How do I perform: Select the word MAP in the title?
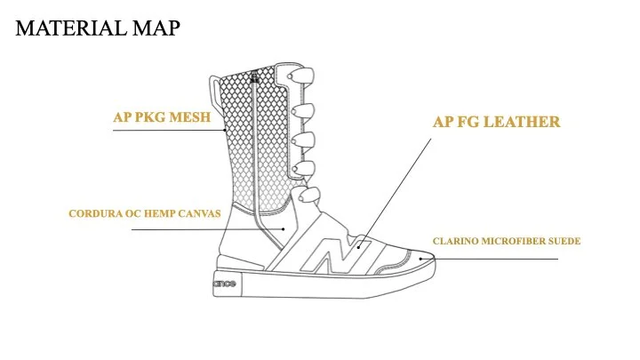pyautogui.click(x=156, y=28)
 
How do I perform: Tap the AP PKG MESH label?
pyautogui.click(x=162, y=117)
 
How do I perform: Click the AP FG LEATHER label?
pyautogui.click(x=496, y=122)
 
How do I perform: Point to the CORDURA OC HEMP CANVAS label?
pyautogui.click(x=145, y=213)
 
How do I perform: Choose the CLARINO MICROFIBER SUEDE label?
pyautogui.click(x=507, y=241)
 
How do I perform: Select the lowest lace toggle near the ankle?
pyautogui.click(x=308, y=195)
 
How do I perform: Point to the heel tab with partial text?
pyautogui.click(x=227, y=284)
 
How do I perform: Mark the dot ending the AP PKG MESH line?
pyautogui.click(x=225, y=130)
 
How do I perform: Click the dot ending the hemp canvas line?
pyautogui.click(x=284, y=229)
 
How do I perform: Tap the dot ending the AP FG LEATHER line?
pyautogui.click(x=358, y=247)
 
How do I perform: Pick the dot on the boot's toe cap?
pyautogui.click(x=420, y=259)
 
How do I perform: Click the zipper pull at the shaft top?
pyautogui.click(x=255, y=77)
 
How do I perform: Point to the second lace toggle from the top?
pyautogui.click(x=302, y=111)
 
